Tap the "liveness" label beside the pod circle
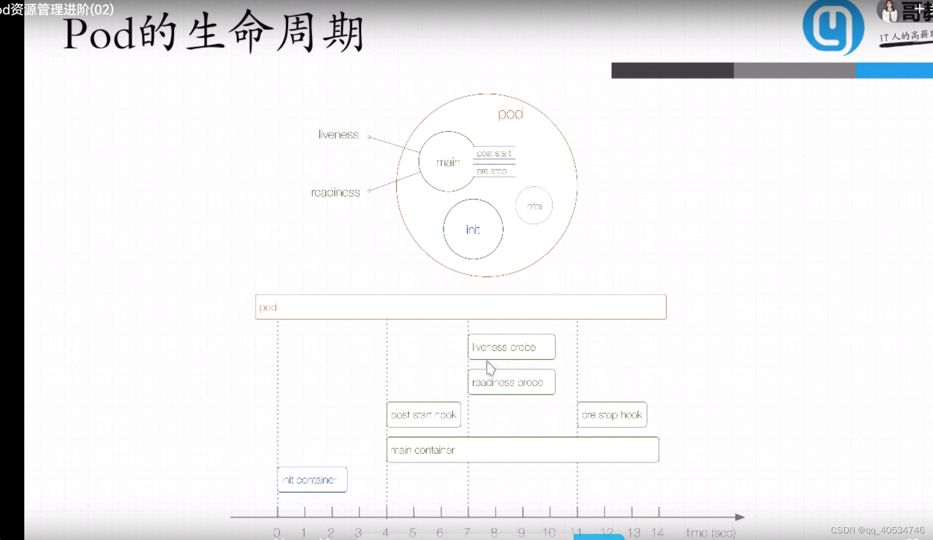pyautogui.click(x=338, y=135)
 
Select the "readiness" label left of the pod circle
pyautogui.click(x=335, y=193)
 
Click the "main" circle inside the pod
pyautogui.click(x=447, y=162)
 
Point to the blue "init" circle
pyautogui.click(x=473, y=229)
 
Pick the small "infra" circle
pyautogui.click(x=534, y=206)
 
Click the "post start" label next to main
pyautogui.click(x=494, y=153)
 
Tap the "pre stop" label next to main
pyautogui.click(x=491, y=171)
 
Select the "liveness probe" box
pyautogui.click(x=511, y=347)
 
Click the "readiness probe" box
pyautogui.click(x=511, y=382)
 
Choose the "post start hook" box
pyautogui.click(x=423, y=415)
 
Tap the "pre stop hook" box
pyautogui.click(x=612, y=415)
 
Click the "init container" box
pyautogui.click(x=312, y=480)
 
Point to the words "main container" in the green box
pyautogui.click(x=423, y=450)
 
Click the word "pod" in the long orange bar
pyautogui.click(x=268, y=308)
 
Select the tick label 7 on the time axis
pyautogui.click(x=467, y=532)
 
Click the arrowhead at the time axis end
pyautogui.click(x=740, y=517)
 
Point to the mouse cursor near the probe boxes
pyautogui.click(x=490, y=368)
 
